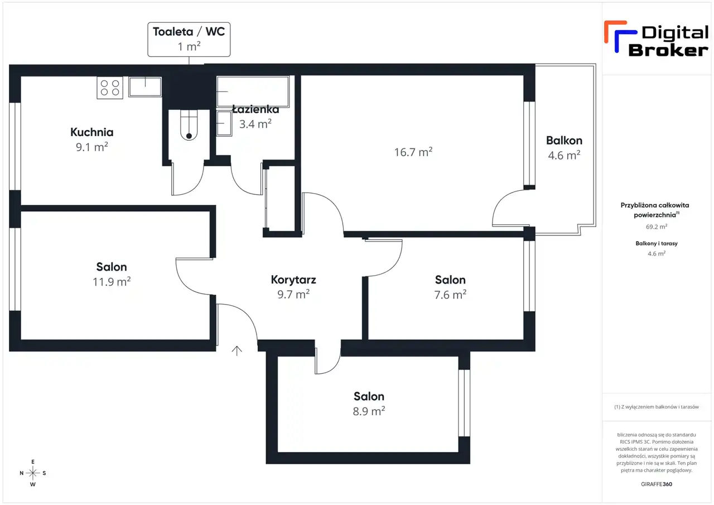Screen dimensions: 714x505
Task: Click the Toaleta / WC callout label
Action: [x=189, y=39]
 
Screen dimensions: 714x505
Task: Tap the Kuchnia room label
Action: [x=92, y=132]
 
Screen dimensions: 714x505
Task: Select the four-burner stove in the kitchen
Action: [x=110, y=88]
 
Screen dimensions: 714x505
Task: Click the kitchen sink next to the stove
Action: [x=145, y=86]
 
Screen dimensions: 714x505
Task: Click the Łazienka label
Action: [x=255, y=109]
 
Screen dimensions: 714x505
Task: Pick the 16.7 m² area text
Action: [x=413, y=152]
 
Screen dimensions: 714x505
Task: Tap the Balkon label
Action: [x=564, y=140]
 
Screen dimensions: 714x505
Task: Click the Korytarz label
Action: [x=293, y=280]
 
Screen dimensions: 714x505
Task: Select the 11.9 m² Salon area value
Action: [x=112, y=281]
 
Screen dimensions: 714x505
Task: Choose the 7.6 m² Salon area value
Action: [x=450, y=294]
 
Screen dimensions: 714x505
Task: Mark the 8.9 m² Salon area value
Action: [x=369, y=411]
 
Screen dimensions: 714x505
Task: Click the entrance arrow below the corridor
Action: [x=237, y=350]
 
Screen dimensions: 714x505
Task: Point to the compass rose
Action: [x=33, y=473]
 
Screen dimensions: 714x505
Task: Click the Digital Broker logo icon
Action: [x=620, y=36]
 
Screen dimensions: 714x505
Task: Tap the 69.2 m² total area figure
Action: [x=657, y=227]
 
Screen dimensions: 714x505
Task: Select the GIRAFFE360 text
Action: [x=657, y=484]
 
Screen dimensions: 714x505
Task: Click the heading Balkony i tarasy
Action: [x=657, y=243]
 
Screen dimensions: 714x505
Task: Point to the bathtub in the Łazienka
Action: [x=253, y=92]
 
